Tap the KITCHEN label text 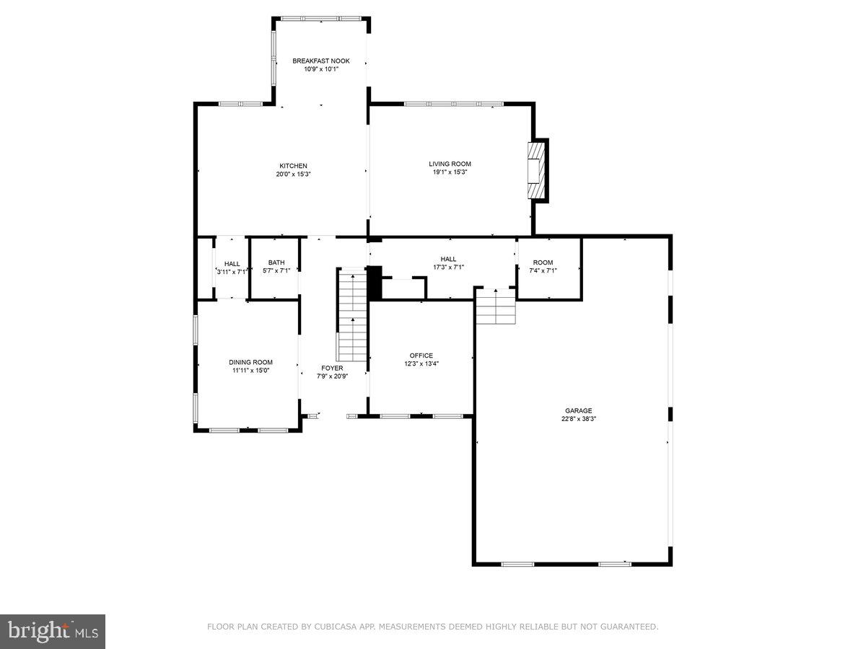tap(294, 166)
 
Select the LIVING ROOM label tap(450, 164)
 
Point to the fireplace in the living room tap(536, 169)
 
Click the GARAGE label tap(578, 410)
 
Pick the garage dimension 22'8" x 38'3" tap(578, 418)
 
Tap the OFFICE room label tap(421, 356)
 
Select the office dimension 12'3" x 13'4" tap(421, 363)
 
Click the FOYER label tap(332, 368)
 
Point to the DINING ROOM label tap(250, 362)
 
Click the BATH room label tap(276, 262)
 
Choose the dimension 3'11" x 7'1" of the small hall tap(232, 272)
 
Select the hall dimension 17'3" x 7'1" tap(448, 267)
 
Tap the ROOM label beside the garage tap(543, 262)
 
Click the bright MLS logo tap(53, 631)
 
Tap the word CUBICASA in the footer tap(334, 627)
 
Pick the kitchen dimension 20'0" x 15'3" tap(294, 174)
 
